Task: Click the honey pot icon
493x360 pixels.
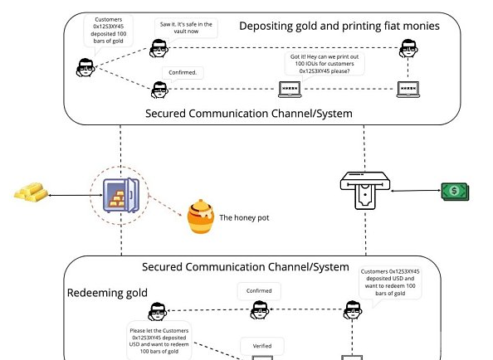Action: point(201,216)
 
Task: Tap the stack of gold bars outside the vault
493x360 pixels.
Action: point(31,192)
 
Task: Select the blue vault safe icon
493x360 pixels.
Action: point(121,195)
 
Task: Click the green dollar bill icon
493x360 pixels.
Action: point(455,192)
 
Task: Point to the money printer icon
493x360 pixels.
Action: point(365,190)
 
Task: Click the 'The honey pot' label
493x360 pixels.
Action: point(244,217)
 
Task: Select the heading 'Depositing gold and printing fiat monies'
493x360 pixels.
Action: point(339,26)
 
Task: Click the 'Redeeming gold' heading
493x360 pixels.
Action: point(107,293)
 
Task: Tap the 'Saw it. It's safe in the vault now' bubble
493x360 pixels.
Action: point(186,27)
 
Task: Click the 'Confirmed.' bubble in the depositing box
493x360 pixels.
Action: point(183,72)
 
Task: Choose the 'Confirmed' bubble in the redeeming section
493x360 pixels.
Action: point(259,291)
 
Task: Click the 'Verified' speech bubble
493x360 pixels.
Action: point(262,346)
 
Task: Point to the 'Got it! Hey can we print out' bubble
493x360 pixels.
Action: point(325,64)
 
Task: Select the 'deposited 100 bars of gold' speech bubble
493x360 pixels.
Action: point(109,30)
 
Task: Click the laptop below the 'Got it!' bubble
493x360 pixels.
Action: point(290,90)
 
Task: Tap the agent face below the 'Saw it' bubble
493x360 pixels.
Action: point(159,48)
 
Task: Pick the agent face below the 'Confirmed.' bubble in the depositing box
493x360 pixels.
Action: point(159,90)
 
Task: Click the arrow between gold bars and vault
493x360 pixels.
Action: point(76,195)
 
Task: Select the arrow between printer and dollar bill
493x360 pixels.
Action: point(416,190)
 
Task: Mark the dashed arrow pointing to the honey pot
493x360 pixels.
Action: point(166,206)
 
